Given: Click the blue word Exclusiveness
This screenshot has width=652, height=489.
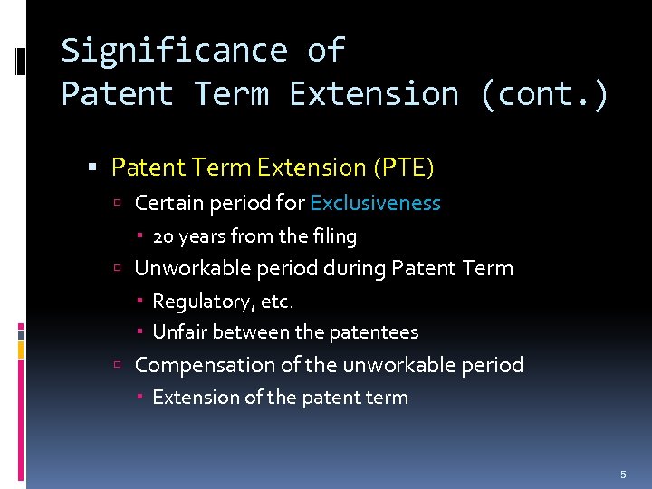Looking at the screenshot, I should (x=375, y=203).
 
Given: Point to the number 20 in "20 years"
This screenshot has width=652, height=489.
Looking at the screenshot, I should (x=163, y=236).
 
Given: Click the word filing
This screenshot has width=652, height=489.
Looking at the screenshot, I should (x=335, y=236).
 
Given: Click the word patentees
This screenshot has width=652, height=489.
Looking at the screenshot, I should (x=374, y=332).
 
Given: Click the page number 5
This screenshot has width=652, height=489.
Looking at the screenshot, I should (x=623, y=475).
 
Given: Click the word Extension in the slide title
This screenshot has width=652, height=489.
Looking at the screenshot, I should (x=373, y=94).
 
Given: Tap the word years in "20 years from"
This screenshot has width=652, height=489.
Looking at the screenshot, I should (x=202, y=236).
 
